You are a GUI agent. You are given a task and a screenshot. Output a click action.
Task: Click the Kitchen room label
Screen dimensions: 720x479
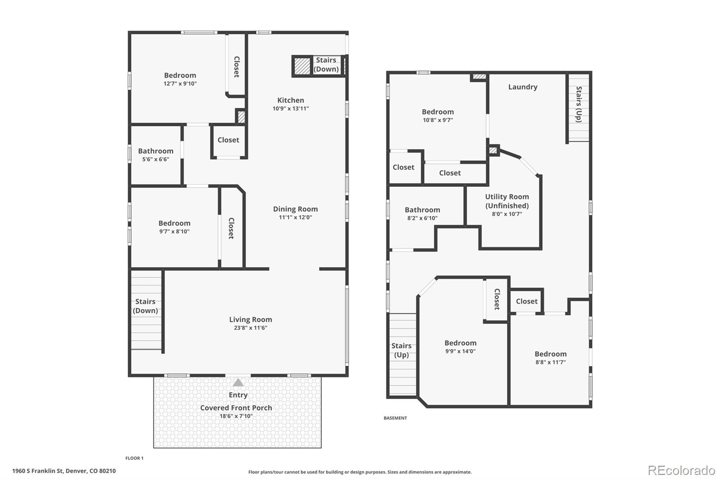[291, 100]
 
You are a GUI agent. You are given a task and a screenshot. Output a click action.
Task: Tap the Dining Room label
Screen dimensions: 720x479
[295, 209]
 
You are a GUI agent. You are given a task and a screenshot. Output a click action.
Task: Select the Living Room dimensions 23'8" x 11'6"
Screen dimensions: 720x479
[250, 328]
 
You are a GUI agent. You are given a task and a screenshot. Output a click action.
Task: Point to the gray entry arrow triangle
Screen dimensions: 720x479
[238, 382]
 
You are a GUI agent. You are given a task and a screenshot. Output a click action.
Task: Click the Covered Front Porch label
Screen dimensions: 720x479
[236, 408]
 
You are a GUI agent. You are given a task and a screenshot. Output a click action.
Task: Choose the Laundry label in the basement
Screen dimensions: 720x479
[522, 87]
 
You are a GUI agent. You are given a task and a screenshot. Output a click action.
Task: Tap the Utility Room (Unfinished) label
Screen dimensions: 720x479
[507, 201]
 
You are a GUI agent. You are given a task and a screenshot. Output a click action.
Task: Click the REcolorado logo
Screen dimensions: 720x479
[681, 470]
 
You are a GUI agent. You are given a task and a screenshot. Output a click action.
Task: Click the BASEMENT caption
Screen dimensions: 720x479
[395, 418]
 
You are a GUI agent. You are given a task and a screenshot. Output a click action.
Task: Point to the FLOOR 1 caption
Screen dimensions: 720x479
[135, 458]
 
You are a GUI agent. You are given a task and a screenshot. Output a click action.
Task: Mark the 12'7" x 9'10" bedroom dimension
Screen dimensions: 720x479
[180, 84]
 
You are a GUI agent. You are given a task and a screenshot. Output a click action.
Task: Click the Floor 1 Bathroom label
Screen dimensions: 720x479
[156, 151]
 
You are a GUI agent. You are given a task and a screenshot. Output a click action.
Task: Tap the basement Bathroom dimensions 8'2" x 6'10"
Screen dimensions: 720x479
[423, 218]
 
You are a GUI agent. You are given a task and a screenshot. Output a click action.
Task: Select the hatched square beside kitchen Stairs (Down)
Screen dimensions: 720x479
[302, 66]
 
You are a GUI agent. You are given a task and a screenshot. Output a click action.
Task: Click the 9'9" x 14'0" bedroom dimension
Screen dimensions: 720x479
[460, 351]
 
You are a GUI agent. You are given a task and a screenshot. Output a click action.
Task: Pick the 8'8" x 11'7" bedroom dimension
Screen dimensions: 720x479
[550, 362]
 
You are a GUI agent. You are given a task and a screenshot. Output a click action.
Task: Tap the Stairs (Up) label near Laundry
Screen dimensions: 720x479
[578, 104]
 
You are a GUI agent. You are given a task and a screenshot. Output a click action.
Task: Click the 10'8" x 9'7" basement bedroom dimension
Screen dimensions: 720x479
[438, 120]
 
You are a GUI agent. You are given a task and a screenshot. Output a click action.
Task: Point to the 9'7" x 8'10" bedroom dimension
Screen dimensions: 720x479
[174, 231]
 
